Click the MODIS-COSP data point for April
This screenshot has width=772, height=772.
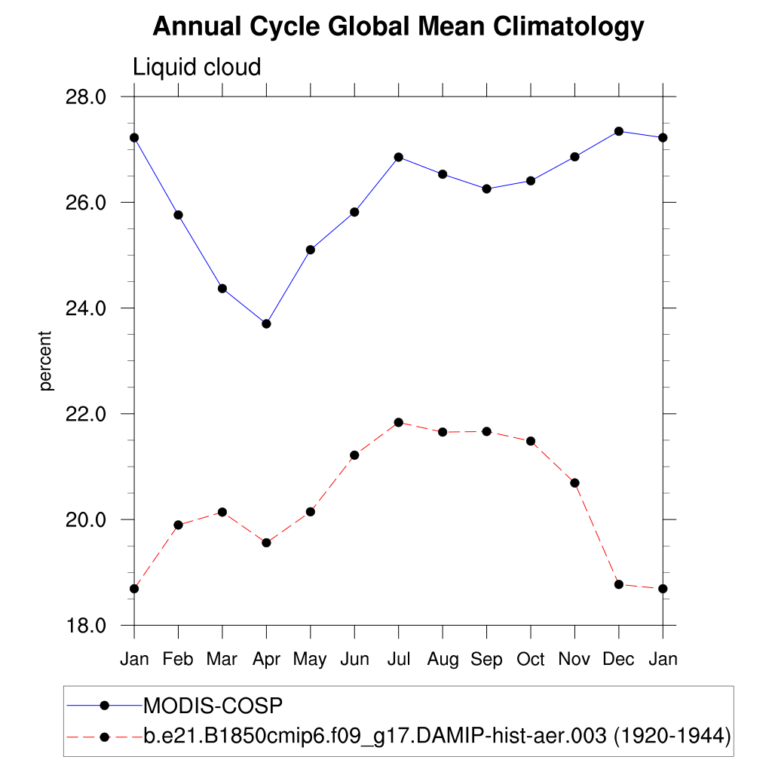click(266, 323)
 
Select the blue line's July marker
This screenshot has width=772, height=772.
click(399, 157)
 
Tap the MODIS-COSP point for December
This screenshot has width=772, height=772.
click(619, 131)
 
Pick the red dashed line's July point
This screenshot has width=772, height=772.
click(399, 422)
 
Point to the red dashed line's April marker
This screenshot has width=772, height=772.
click(266, 543)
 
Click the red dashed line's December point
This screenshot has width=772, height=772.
click(619, 584)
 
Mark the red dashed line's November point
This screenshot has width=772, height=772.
click(574, 482)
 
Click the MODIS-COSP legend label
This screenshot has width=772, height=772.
click(213, 706)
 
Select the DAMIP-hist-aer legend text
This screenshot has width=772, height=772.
click(437, 736)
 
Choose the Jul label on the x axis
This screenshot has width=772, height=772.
click(399, 660)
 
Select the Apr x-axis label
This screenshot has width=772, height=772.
click(266, 660)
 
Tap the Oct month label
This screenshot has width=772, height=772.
click(531, 660)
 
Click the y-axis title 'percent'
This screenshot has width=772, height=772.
click(47, 360)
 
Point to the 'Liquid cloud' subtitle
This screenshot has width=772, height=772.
click(197, 67)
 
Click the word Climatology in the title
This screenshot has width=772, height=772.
click(568, 27)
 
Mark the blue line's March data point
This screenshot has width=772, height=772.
click(222, 288)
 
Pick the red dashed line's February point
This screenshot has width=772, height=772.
click(178, 525)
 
